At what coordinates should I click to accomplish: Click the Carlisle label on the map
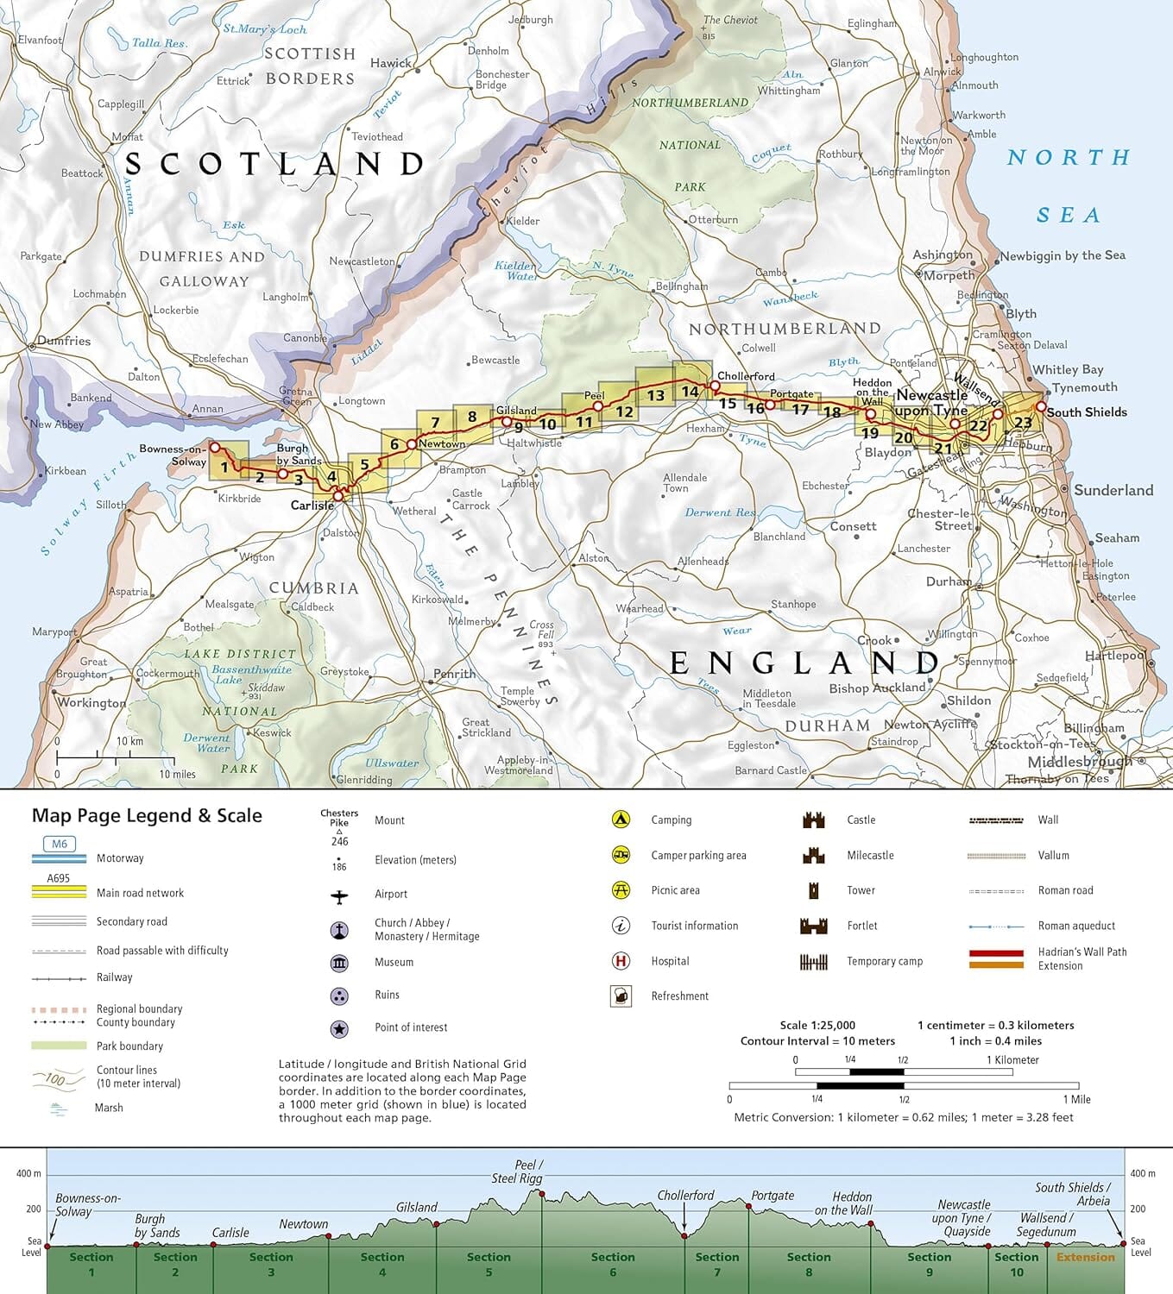tap(312, 506)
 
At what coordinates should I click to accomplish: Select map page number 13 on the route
tap(656, 395)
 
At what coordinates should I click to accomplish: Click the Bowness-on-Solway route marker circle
tap(216, 447)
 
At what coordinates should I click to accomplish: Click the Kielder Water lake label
tap(515, 271)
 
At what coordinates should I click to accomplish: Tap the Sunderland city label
tap(1113, 490)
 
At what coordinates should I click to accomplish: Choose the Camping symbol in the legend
tap(620, 820)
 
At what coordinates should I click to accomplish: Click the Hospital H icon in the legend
tap(620, 961)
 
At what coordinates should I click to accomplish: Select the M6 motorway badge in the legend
tap(59, 845)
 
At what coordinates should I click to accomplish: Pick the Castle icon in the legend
tap(813, 820)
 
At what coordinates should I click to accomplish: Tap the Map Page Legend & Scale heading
tap(147, 816)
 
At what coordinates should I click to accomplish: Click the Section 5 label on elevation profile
tap(489, 1265)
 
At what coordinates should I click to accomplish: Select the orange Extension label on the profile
tap(1085, 1258)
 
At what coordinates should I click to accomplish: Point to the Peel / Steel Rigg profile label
tap(518, 1172)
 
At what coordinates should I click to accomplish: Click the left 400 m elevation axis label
tap(28, 1173)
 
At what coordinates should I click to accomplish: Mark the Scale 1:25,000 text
tap(817, 1026)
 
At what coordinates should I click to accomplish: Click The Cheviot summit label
tap(730, 20)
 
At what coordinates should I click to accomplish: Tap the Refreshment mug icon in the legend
tap(620, 996)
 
